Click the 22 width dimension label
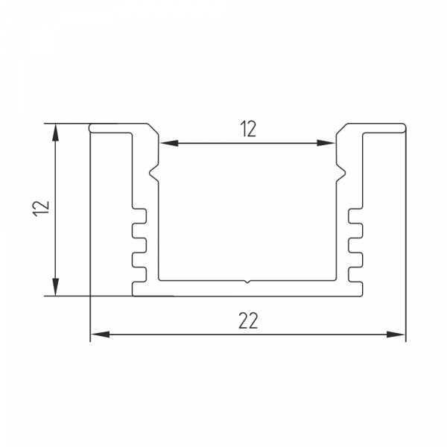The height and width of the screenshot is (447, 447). point(248,320)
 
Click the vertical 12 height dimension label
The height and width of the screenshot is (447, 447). point(42,209)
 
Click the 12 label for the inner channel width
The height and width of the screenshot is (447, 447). point(248,129)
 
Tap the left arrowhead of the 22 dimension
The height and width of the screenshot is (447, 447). point(100,335)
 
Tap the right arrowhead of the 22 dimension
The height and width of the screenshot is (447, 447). point(396,335)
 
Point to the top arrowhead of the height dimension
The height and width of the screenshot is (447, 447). point(56,133)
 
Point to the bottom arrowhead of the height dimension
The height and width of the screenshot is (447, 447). point(56,287)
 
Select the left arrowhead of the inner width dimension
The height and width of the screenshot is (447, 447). point(169,143)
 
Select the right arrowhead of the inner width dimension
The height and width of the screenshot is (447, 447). point(326,143)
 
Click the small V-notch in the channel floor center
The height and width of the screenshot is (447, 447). point(247,282)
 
